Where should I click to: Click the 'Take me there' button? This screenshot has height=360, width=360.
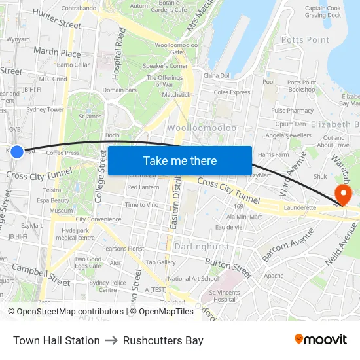pos(180,160)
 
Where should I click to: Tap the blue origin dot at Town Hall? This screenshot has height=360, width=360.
pos(17,151)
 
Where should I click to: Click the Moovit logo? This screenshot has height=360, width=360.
pos(320,340)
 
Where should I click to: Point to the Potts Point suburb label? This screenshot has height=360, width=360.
pos(305,40)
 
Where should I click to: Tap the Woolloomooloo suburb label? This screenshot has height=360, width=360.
pos(202,128)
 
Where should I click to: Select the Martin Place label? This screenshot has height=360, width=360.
pos(57,52)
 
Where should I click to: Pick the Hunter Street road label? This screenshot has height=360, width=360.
pos(56,19)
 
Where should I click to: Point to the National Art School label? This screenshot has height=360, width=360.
pos(192,278)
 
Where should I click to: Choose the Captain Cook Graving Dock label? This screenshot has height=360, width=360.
pos(323,12)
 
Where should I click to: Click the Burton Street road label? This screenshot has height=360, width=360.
pos(227,268)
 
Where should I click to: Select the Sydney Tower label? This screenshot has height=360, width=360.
pos(45,110)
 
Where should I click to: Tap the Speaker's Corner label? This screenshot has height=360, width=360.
pos(166,66)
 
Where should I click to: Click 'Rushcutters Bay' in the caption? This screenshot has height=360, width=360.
pos(163,340)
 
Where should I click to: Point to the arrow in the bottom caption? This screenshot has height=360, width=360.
pos(111,340)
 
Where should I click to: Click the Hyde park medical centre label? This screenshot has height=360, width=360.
pos(75,234)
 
